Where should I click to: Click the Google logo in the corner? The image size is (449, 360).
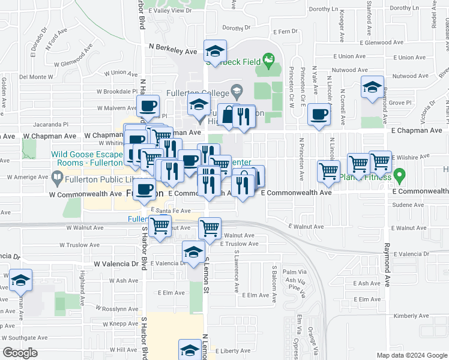point(20,352)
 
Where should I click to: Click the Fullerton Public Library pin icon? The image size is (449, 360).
point(56,177)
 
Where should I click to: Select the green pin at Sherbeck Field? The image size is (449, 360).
point(268,60)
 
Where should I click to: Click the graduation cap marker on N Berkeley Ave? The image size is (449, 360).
point(215,50)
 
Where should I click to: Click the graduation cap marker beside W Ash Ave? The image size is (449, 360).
point(20,280)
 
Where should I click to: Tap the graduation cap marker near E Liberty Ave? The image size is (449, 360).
point(190,350)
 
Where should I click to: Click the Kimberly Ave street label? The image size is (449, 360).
point(411,316)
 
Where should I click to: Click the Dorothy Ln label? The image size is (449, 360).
point(324,10)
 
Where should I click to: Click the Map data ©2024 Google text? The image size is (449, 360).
point(412,355)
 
